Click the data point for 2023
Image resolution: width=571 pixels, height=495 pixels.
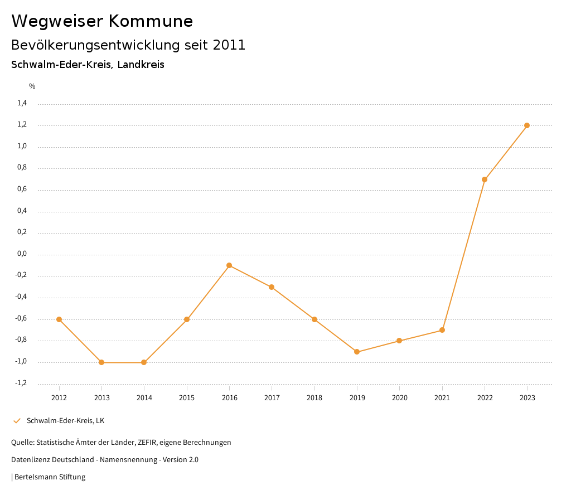pyautogui.click(x=527, y=125)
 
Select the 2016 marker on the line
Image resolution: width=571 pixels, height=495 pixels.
pyautogui.click(x=229, y=265)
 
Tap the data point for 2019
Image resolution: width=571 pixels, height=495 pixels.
pyautogui.click(x=357, y=352)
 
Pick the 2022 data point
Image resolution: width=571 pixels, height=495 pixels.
pyautogui.click(x=485, y=179)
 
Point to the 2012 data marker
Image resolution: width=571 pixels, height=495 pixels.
pyautogui.click(x=59, y=319)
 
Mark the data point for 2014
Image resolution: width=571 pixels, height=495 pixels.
pyautogui.click(x=144, y=362)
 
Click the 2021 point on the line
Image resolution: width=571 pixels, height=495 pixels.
pyautogui.click(x=442, y=330)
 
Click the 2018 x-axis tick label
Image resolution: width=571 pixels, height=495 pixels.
pyautogui.click(x=314, y=398)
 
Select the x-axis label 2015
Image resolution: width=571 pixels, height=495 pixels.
pyautogui.click(x=187, y=398)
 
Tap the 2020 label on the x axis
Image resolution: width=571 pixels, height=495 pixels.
pyautogui.click(x=399, y=398)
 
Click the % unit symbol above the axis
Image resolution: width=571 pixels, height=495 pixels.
pyautogui.click(x=32, y=86)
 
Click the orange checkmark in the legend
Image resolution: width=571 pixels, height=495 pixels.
pyautogui.click(x=17, y=421)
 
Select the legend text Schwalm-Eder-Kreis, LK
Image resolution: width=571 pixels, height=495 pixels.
pyautogui.click(x=65, y=421)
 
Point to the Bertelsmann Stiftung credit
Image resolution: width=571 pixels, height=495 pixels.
pyautogui.click(x=50, y=477)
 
